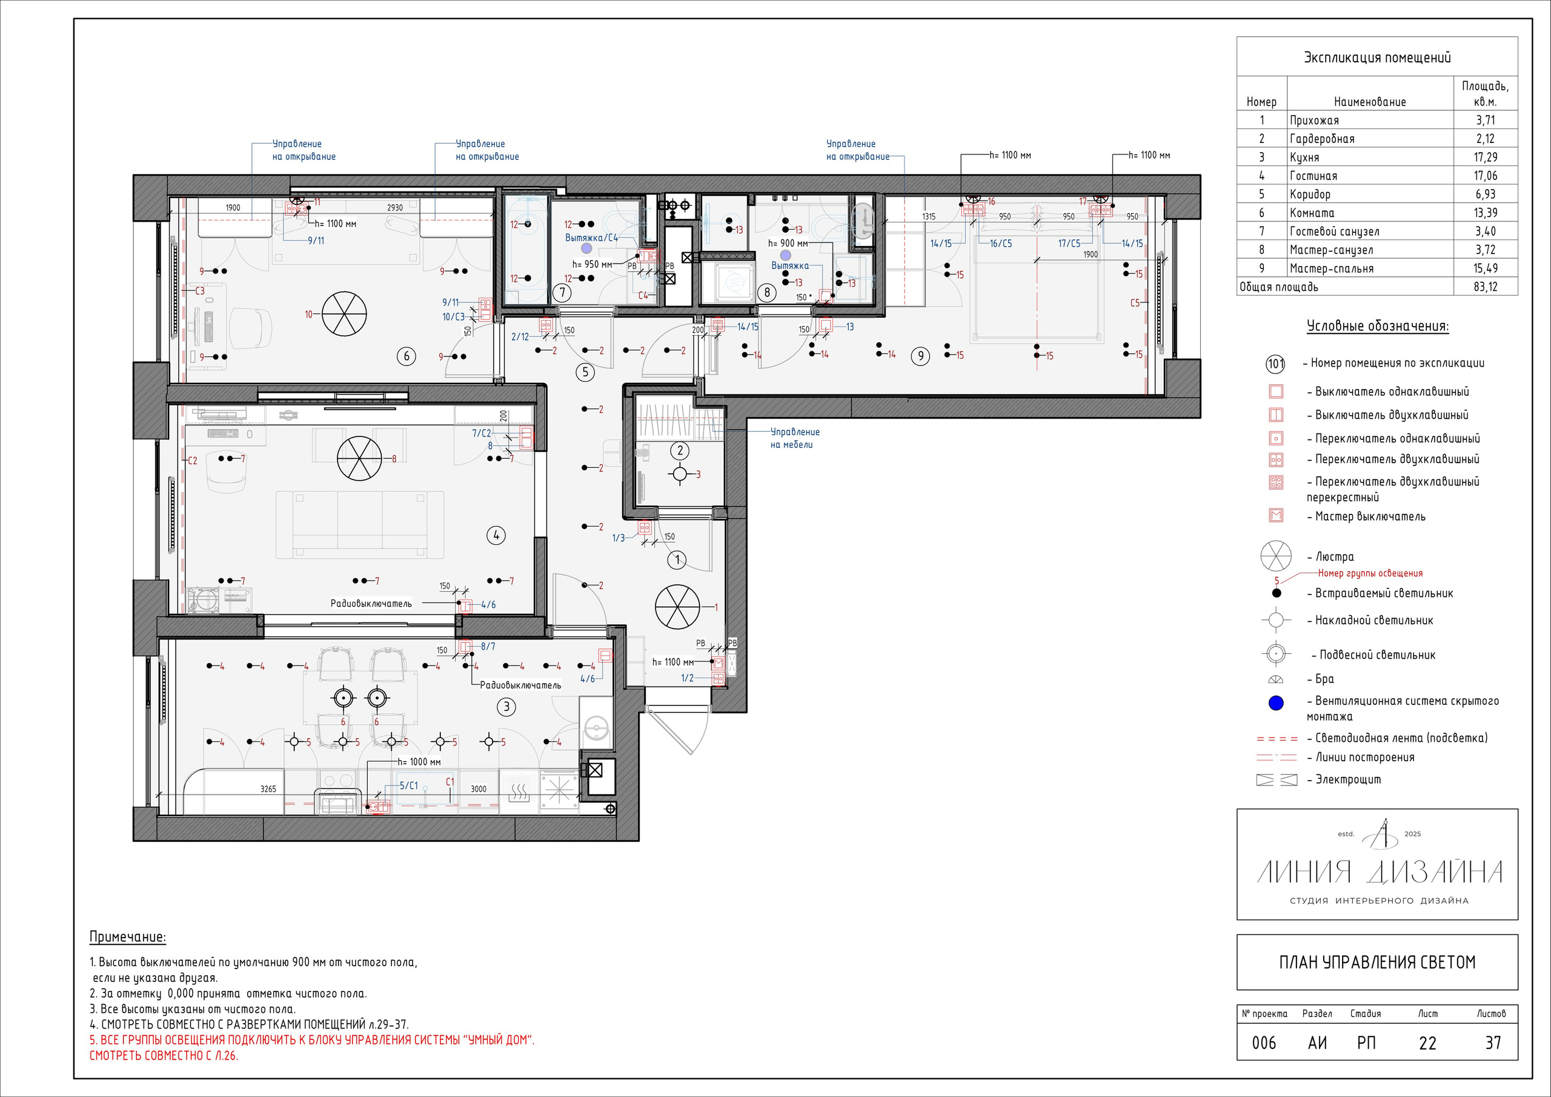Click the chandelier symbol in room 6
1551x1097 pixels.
click(344, 315)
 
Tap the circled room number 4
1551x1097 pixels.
click(496, 535)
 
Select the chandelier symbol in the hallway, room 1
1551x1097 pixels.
click(677, 606)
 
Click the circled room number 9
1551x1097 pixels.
click(920, 356)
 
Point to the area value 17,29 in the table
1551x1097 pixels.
click(1485, 157)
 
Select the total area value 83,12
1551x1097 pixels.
click(1485, 287)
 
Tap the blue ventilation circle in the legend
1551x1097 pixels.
click(1276, 703)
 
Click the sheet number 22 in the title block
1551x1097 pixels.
click(1427, 1043)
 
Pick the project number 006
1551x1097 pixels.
click(1264, 1043)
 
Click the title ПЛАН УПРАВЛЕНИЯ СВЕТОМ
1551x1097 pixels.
click(1377, 962)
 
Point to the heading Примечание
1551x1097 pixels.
click(128, 937)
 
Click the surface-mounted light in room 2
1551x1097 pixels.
click(680, 474)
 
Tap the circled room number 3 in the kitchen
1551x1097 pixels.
click(506, 707)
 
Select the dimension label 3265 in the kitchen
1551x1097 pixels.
click(268, 789)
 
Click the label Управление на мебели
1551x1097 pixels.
click(795, 438)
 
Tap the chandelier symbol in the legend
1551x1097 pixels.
click(1275, 556)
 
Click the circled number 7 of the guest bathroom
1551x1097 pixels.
click(562, 293)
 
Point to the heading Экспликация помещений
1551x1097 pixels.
click(1377, 58)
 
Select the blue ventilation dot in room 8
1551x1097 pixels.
click(785, 256)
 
